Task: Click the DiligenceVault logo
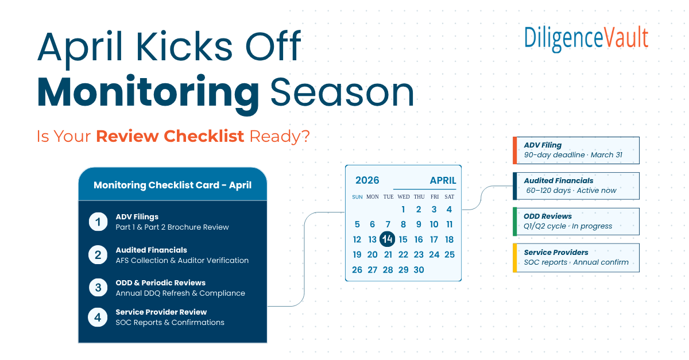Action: point(586,37)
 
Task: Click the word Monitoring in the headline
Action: point(148,92)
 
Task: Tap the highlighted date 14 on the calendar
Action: point(388,239)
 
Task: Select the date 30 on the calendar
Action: point(419,270)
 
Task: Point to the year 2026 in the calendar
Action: point(367,180)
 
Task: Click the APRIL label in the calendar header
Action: point(443,180)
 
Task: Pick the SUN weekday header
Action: point(357,197)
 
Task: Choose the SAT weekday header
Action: point(449,197)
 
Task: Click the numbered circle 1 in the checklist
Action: point(98,222)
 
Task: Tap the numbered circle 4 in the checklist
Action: point(98,317)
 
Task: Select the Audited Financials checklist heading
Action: point(151,250)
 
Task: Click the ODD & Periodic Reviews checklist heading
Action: point(160,282)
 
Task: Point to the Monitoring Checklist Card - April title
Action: point(172,185)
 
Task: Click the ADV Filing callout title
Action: point(543,145)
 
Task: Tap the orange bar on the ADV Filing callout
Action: point(515,150)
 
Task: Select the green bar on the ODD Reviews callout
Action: point(515,222)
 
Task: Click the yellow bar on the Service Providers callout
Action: point(515,258)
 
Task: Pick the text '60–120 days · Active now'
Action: point(571,191)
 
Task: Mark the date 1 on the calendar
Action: point(403,210)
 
